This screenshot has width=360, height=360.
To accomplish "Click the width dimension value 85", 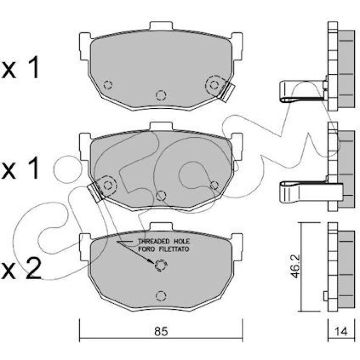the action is (161, 332).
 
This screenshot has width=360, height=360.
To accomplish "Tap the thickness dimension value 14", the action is (341, 332).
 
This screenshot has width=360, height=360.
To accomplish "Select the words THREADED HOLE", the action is (164, 241).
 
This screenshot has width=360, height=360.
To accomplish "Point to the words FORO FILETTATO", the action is (164, 249).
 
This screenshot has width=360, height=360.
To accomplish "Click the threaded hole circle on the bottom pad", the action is (161, 265).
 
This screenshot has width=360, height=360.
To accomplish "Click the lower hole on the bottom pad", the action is (161, 296).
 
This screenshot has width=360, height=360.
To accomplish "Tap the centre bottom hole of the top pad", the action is (161, 95).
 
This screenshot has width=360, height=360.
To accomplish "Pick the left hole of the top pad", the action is (108, 85).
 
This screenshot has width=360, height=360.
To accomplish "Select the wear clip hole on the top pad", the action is (214, 85).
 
